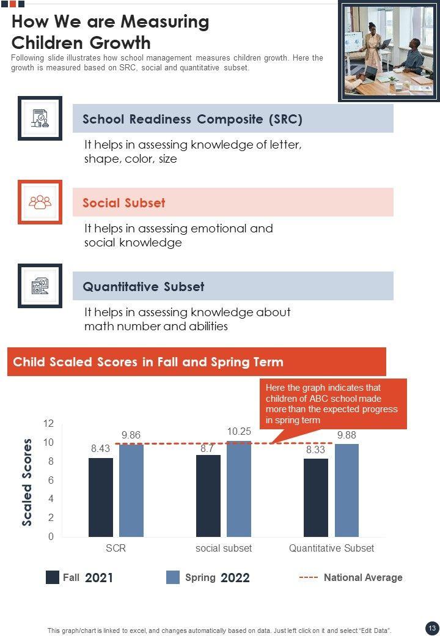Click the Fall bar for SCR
coord(100,497)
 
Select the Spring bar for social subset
coord(239,489)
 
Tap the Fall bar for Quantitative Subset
coord(315,497)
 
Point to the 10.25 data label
coord(239,431)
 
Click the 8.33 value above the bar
coord(315,449)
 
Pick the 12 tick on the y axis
coord(48,424)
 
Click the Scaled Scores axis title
coord(28,482)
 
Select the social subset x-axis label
coord(224,548)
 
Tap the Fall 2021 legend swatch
coord(53,577)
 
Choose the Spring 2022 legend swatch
coord(173,577)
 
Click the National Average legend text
coord(363,577)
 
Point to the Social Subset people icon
coord(40,202)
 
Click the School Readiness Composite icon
coord(40,118)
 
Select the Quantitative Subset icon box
coord(40,286)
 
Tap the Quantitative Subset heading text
coord(144,286)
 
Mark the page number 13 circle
coord(431,628)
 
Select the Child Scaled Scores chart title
coord(148,361)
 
